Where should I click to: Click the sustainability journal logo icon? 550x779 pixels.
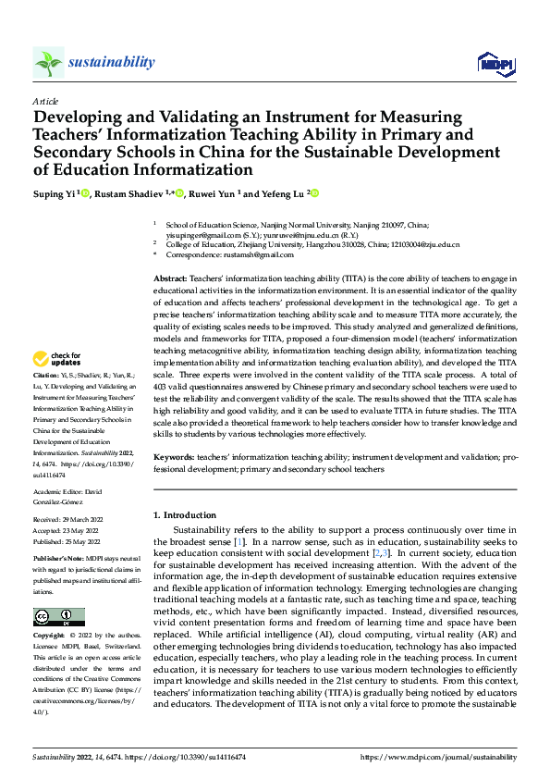click(48, 63)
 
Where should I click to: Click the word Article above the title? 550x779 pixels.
click(44, 101)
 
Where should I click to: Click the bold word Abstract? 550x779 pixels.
click(170, 278)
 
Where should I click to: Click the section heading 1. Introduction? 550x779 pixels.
click(185, 515)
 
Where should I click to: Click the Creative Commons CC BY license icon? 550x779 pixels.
click(58, 617)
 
